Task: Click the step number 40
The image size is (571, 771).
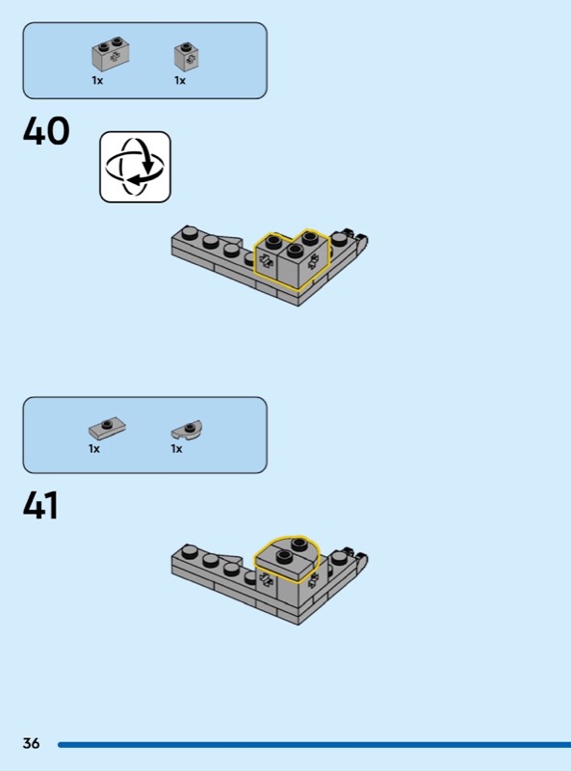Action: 46,131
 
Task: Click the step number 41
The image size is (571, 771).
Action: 40,505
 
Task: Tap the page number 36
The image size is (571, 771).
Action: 31,743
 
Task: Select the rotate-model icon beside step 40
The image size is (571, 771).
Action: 135,167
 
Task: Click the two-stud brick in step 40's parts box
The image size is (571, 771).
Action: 110,54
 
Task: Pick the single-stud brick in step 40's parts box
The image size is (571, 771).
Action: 187,57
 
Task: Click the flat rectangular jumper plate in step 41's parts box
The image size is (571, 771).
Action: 107,428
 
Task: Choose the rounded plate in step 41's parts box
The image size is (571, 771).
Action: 187,429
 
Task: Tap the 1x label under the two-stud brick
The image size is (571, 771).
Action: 97,80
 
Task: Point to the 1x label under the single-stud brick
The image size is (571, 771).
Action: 180,80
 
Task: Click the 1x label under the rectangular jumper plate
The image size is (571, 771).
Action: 93,448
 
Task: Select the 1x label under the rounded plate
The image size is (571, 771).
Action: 176,448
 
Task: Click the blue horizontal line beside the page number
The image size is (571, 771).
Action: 315,745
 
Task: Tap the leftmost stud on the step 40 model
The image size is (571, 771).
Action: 189,232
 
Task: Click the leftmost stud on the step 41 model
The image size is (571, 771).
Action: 189,551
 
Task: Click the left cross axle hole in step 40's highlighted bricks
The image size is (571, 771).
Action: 266,261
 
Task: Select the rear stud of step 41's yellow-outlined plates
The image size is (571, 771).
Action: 298,544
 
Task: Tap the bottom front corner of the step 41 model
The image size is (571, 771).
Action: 298,625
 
